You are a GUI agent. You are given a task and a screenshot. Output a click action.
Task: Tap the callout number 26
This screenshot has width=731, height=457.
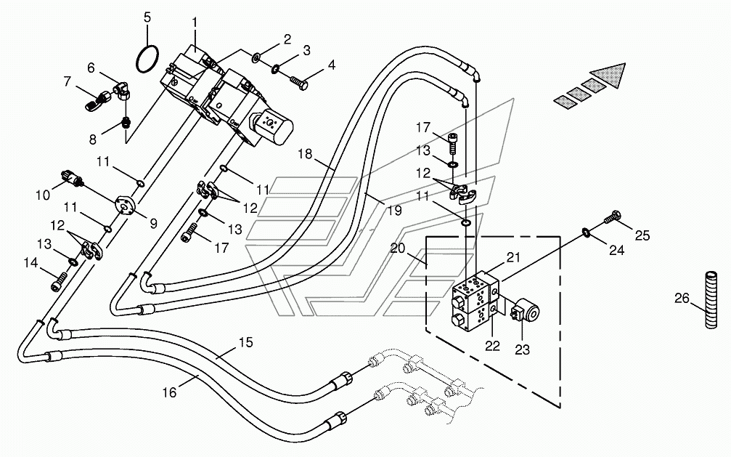click(682, 298)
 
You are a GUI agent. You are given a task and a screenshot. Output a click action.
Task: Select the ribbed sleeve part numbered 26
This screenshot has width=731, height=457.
click(711, 299)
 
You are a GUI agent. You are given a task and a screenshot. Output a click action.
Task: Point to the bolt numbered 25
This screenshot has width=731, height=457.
click(612, 217)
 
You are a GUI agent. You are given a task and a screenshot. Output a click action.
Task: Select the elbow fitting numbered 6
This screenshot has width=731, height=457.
click(122, 90)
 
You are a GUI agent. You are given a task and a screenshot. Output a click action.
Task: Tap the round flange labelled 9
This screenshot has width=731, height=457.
click(125, 205)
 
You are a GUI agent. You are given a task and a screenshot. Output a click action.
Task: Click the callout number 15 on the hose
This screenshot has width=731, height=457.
click(245, 342)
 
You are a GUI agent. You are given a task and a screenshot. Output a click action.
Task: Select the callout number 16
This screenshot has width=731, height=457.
click(169, 392)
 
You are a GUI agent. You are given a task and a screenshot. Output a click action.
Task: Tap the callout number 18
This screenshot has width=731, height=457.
click(305, 154)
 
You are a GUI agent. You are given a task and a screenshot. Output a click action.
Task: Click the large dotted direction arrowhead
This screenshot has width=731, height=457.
click(607, 76)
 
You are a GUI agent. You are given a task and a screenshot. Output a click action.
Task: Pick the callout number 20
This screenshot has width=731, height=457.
click(398, 248)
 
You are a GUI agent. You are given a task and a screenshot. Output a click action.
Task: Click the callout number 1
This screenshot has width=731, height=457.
click(195, 23)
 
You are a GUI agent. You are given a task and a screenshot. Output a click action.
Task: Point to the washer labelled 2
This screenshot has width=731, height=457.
click(256, 58)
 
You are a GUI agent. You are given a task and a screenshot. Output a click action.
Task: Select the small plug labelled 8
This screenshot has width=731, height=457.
click(125, 124)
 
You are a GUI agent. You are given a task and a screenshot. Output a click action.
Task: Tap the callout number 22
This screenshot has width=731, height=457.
click(492, 346)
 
